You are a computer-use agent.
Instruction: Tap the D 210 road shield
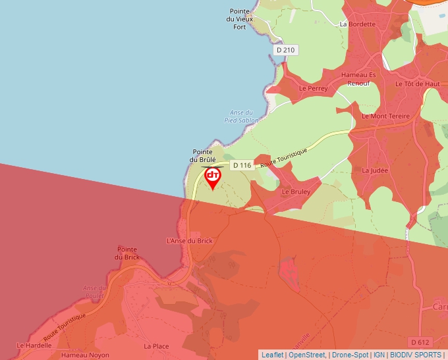(x=286, y=50)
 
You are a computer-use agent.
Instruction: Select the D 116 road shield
(x=242, y=165)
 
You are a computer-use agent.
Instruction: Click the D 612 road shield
(x=420, y=342)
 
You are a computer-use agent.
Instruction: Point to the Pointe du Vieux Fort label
(x=240, y=19)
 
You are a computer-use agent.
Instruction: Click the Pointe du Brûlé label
(x=203, y=155)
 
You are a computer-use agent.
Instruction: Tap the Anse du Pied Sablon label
(x=241, y=116)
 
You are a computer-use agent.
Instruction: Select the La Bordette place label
(x=357, y=24)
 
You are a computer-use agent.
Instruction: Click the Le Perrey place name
(x=313, y=88)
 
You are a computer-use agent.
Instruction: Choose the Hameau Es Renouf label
(x=358, y=79)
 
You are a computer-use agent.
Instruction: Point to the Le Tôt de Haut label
(x=417, y=84)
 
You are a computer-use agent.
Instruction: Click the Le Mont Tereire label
(x=385, y=116)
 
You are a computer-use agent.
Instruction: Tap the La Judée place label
(x=375, y=170)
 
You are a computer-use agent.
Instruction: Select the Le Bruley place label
(x=296, y=192)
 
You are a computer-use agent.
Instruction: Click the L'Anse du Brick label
(x=190, y=241)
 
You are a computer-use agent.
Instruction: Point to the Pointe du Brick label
(x=126, y=253)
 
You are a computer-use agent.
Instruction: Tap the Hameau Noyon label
(x=85, y=355)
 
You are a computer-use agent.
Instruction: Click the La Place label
(x=156, y=346)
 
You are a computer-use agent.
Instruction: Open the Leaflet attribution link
(x=272, y=355)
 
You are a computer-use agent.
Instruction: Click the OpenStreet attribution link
(x=307, y=355)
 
